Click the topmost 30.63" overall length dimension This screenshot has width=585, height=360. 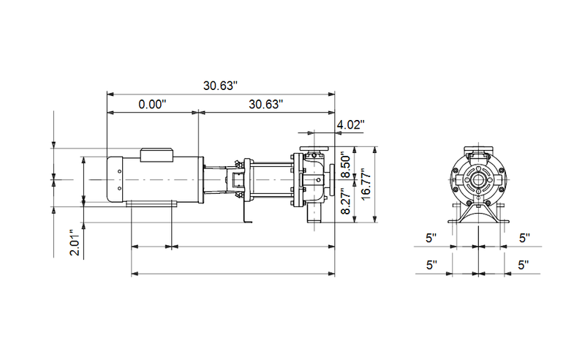[x=221, y=86]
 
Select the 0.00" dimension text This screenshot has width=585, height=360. [x=153, y=105]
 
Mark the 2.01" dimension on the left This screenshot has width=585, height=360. [x=73, y=242]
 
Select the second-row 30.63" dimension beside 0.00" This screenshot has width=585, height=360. [x=265, y=105]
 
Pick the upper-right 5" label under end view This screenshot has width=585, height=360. [x=524, y=238]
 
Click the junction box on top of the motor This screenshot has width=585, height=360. [x=156, y=154]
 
